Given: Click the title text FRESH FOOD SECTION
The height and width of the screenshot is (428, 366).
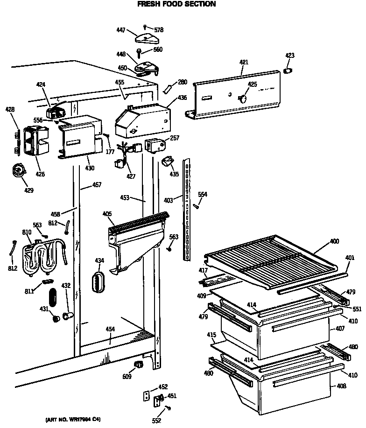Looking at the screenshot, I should [x=176, y=4].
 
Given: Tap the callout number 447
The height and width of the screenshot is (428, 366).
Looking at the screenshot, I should [x=120, y=30].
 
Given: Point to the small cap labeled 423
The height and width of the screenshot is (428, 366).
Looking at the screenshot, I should [x=288, y=70].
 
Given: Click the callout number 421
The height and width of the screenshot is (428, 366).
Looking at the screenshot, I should [x=244, y=62].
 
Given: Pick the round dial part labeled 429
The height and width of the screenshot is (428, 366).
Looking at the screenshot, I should [x=20, y=170].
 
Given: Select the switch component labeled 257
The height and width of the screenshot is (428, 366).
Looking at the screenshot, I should [x=154, y=145].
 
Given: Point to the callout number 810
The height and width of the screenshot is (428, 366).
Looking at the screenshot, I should [x=26, y=232].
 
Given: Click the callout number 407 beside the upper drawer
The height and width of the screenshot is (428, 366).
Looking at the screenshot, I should [x=340, y=329].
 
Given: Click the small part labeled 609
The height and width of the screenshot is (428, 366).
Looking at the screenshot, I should [x=137, y=364].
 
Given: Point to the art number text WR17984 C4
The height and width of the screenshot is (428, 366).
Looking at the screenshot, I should [x=73, y=419].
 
